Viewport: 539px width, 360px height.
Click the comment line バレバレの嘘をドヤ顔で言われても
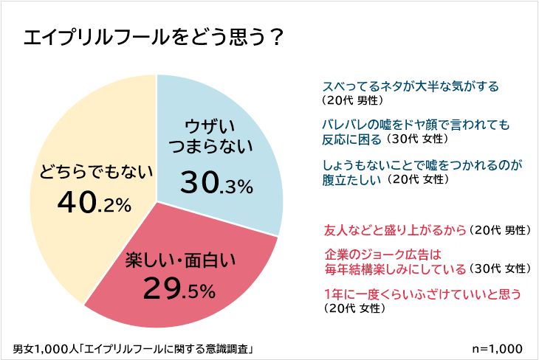pos(417,124)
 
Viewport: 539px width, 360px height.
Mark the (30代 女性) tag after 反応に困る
pos(416,139)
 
